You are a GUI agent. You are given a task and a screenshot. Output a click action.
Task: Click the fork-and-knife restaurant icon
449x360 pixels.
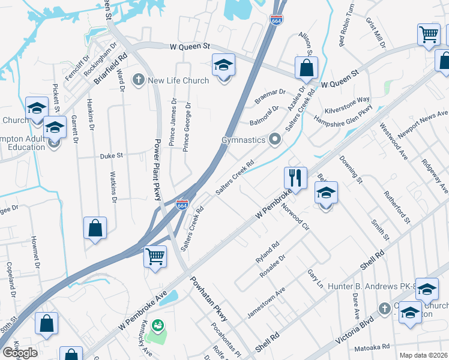coord(295,177)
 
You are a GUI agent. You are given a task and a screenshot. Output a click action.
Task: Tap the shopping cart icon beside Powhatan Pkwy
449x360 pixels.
coord(155,257)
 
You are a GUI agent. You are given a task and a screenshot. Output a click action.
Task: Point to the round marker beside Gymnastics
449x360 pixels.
coord(276,140)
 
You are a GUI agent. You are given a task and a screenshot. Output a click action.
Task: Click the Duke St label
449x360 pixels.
coord(111,155)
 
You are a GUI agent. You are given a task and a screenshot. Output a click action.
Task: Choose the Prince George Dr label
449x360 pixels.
coord(187,126)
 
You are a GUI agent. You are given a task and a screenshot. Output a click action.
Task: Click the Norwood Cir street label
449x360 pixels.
coord(295,220)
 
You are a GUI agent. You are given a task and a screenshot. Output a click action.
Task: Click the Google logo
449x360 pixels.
coord(20,352)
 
